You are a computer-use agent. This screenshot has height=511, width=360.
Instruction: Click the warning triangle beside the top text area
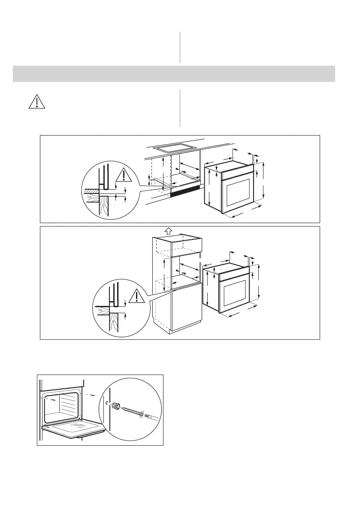pyautogui.click(x=37, y=100)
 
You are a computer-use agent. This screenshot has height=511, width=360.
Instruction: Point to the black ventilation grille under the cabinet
pyautogui.click(x=185, y=191)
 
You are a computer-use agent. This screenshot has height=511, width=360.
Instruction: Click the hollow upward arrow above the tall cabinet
pyautogui.click(x=168, y=230)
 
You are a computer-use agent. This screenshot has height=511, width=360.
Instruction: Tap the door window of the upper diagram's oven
pyautogui.click(x=238, y=192)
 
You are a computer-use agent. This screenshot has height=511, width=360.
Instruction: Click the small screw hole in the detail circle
pyautogui.click(x=106, y=402)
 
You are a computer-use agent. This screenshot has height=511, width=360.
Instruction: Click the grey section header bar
pyautogui.click(x=174, y=73)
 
